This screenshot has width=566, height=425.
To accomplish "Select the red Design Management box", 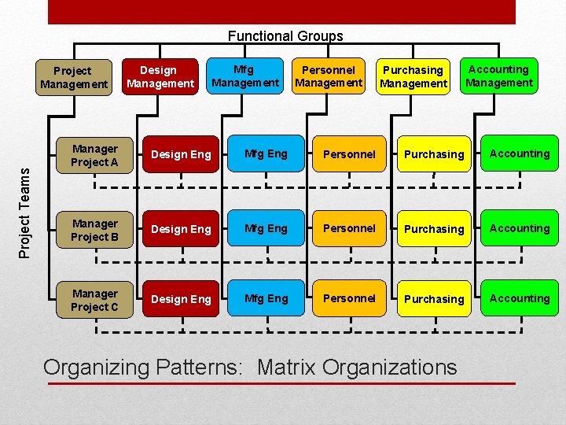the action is pos(160,76).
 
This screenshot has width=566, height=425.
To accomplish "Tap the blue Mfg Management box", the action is pos(245,76).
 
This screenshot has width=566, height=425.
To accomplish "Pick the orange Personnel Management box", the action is pos(329,76).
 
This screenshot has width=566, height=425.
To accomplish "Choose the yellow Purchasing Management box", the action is pos(413,76).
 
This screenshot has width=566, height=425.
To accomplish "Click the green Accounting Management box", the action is pos(498,76).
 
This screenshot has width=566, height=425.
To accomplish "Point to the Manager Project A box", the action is pos(94,155).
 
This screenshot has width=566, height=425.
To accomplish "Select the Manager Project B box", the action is pos(94,230).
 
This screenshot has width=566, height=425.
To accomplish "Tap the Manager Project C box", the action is pos(94,300).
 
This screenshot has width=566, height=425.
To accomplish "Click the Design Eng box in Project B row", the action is pos(181,229).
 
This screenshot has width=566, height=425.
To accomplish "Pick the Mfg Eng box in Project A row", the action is pos(266,154).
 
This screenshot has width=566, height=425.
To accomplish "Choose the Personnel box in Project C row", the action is pos(350,298).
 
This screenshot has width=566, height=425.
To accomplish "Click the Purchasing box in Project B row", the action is pos(434,229).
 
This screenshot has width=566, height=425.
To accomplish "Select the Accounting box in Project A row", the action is pos(520,154).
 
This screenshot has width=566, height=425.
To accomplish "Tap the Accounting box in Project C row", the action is pos(520,298).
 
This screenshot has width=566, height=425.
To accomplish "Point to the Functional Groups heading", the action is pos(285,35).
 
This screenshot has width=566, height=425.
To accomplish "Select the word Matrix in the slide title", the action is pos(286,367).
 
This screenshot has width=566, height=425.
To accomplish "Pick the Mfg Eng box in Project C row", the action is pos(266,298).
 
